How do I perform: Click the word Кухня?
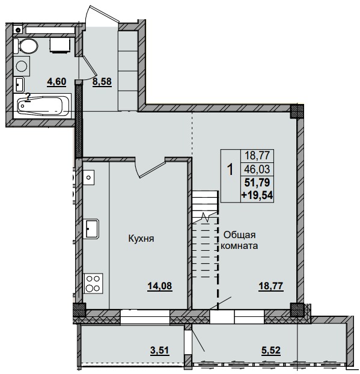(x=142, y=238)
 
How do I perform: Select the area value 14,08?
(x=160, y=286)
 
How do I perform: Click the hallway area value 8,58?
(x=102, y=82)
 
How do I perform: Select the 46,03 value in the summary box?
(x=257, y=170)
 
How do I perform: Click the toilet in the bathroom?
(x=28, y=45)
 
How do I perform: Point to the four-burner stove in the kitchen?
(x=93, y=282)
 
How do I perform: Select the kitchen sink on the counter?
(x=92, y=228)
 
